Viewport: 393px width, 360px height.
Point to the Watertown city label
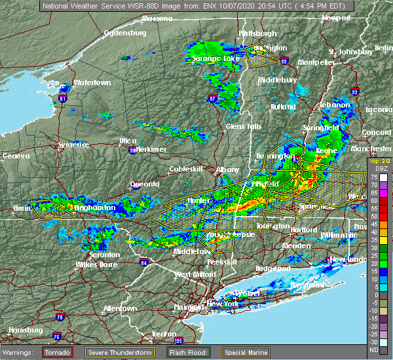90,83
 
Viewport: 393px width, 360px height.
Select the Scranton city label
104,255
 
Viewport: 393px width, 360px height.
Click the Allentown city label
120,308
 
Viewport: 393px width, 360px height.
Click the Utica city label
128,141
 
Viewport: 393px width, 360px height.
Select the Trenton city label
164,334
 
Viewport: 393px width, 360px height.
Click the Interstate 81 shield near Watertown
63,98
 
